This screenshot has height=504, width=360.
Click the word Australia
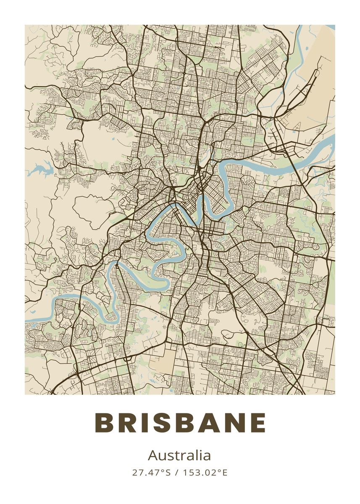pyautogui.click(x=179, y=455)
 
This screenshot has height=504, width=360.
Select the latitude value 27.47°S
pyautogui.click(x=151, y=472)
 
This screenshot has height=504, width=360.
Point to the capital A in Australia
pyautogui.click(x=152, y=455)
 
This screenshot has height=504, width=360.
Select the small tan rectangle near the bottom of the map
pyautogui.click(x=162, y=361)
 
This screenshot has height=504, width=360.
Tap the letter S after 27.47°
pyautogui.click(x=168, y=472)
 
